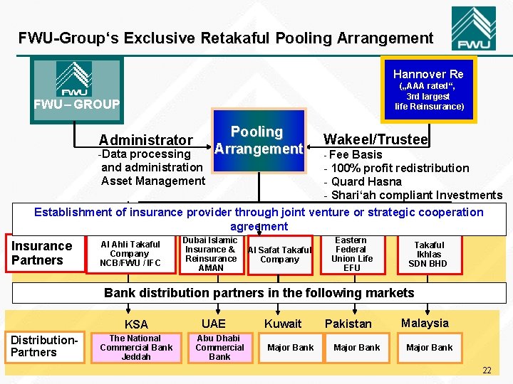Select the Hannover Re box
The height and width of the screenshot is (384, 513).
click(x=427, y=89)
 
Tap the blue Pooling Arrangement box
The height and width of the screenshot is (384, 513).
click(x=258, y=141)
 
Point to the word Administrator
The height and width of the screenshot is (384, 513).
click(x=145, y=140)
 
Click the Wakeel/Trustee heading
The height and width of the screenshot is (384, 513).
click(x=375, y=139)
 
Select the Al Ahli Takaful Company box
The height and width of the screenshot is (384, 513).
click(x=130, y=254)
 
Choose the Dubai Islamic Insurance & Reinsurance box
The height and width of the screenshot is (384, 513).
click(x=210, y=254)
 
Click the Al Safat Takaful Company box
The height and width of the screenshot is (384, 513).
click(x=279, y=255)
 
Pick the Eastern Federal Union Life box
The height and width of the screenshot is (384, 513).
click(x=351, y=254)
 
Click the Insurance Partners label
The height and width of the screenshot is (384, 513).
click(x=41, y=253)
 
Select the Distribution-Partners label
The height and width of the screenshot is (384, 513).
click(x=43, y=346)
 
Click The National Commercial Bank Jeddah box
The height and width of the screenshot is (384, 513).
click(x=135, y=348)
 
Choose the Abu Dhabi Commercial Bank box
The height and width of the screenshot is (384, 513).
click(x=219, y=348)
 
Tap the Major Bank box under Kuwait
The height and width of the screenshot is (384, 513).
click(x=290, y=348)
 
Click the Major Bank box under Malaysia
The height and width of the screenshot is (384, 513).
click(x=429, y=348)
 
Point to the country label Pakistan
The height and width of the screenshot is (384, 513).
click(x=348, y=324)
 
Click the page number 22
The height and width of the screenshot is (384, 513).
click(x=487, y=370)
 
